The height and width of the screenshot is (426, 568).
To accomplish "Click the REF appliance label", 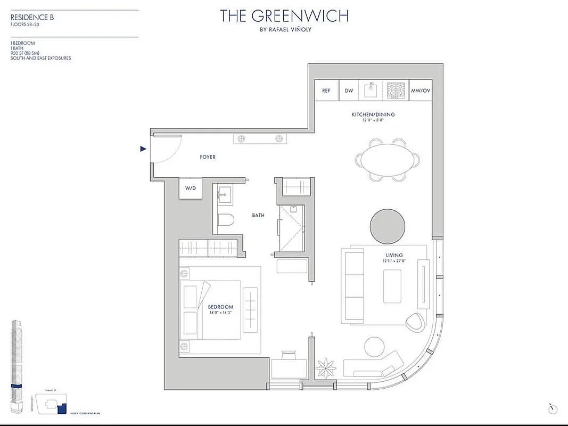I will coord(326,91).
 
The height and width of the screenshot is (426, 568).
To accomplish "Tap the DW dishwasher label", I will coord(349,91).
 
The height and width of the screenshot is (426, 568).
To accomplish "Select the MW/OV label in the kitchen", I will coord(420,91).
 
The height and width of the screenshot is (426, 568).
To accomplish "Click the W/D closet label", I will coord(190,189).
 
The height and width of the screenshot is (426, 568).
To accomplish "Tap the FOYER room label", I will coord(208,157).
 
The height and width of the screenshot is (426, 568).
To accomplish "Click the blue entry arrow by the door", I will coord(143,149).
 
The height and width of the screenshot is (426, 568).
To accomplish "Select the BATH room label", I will coord(259,216).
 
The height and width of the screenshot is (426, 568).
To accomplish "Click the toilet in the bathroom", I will coord(225,220).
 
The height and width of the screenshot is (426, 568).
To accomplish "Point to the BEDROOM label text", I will coord(220,307).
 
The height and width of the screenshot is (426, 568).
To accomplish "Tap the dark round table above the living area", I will coord(388,226).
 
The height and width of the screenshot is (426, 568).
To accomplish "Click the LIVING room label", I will coord(395,256).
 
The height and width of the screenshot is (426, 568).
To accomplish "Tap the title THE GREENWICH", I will coord(284,16).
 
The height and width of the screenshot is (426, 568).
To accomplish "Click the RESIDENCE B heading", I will coord(32,17).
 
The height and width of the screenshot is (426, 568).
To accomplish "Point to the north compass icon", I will coord(553,409).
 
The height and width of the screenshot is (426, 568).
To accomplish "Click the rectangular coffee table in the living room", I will coord(392,286).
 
